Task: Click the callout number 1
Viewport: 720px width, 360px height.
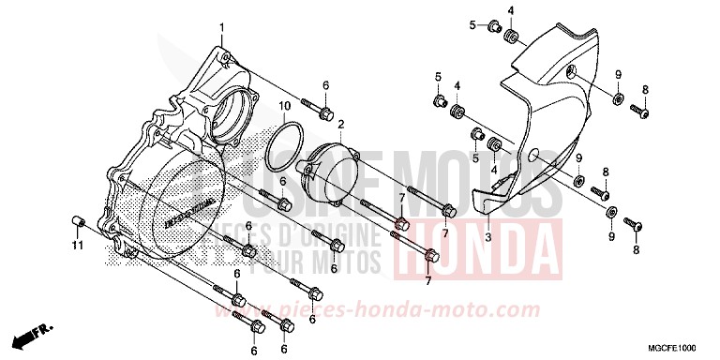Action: [x=221, y=25]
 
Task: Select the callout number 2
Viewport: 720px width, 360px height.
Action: [x=341, y=124]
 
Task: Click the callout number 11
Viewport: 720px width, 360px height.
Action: [x=78, y=246]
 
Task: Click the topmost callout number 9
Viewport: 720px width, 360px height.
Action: [x=618, y=74]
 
